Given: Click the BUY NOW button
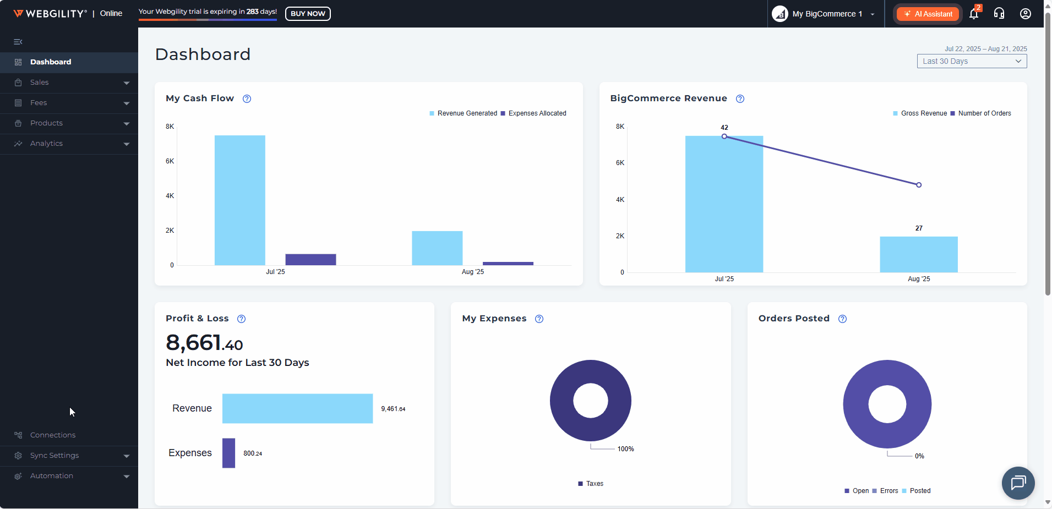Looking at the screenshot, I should [308, 14].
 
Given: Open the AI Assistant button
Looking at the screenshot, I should [928, 14].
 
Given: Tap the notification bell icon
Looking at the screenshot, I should [973, 14].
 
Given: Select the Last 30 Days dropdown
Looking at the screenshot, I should [972, 61].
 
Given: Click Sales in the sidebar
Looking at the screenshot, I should [40, 83].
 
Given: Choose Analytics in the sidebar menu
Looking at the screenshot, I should [46, 144].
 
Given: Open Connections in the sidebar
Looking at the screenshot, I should [53, 435].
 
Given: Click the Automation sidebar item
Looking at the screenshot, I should [52, 476].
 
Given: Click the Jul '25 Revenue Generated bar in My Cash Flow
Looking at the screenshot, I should [240, 200].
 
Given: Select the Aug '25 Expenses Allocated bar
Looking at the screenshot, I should [508, 264].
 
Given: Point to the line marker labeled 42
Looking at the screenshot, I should [724, 136].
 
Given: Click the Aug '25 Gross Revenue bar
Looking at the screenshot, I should [919, 254].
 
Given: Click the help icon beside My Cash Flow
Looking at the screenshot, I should [247, 99].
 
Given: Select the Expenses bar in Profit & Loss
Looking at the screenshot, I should [228, 453].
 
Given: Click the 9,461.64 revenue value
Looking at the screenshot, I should [393, 409].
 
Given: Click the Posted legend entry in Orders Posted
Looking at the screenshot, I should [919, 491].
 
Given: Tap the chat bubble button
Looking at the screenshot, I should [1018, 483].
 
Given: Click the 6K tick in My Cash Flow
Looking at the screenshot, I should [170, 161].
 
